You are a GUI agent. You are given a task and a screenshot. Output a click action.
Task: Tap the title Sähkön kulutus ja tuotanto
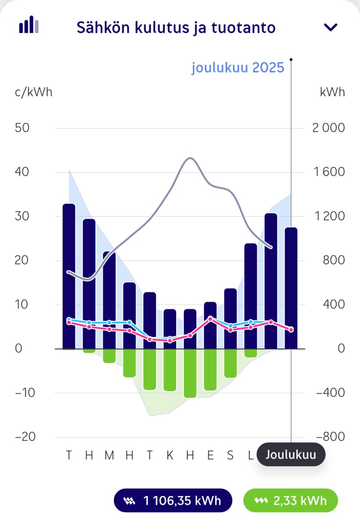176,28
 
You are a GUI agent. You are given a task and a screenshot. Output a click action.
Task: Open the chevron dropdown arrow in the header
331,28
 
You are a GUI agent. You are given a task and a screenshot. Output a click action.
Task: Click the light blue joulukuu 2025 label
238,68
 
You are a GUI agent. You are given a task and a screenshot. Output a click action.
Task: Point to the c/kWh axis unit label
34,92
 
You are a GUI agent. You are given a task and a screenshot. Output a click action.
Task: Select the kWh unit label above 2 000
332,92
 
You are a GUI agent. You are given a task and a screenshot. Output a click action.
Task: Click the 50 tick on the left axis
22,128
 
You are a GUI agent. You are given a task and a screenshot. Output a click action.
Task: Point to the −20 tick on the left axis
24,437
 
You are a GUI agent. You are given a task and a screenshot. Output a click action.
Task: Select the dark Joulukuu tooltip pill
291,455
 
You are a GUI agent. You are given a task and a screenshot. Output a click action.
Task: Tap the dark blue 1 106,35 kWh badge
173,501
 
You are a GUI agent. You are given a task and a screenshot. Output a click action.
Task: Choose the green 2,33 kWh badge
291,501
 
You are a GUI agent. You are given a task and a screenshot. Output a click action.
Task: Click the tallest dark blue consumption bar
69,275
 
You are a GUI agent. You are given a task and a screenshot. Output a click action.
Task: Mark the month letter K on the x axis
170,455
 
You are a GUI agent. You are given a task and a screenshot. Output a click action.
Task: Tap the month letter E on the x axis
210,455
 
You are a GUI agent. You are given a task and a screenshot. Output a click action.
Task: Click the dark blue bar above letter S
230,318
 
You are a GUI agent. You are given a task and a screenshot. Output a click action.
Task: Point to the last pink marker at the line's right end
291,330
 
